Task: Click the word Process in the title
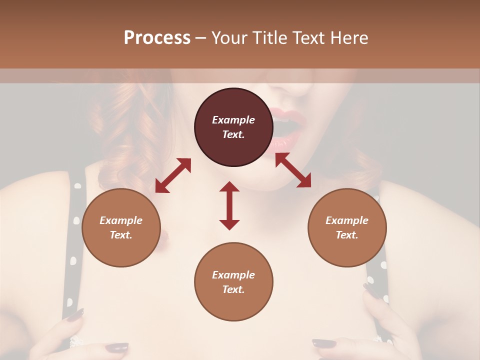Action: coord(157,38)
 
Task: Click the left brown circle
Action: coord(121,227)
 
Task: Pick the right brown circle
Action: coord(347,227)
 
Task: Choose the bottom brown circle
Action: coord(233,281)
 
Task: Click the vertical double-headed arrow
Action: coord(229,205)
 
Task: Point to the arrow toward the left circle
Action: coord(173,175)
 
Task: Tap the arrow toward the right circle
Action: coord(293,170)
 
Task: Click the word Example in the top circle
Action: coord(233,120)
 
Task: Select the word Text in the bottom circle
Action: coord(233,289)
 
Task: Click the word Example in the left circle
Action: coord(121,220)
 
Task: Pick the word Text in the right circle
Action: coord(347,235)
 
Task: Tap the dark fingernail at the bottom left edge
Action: coord(75,315)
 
